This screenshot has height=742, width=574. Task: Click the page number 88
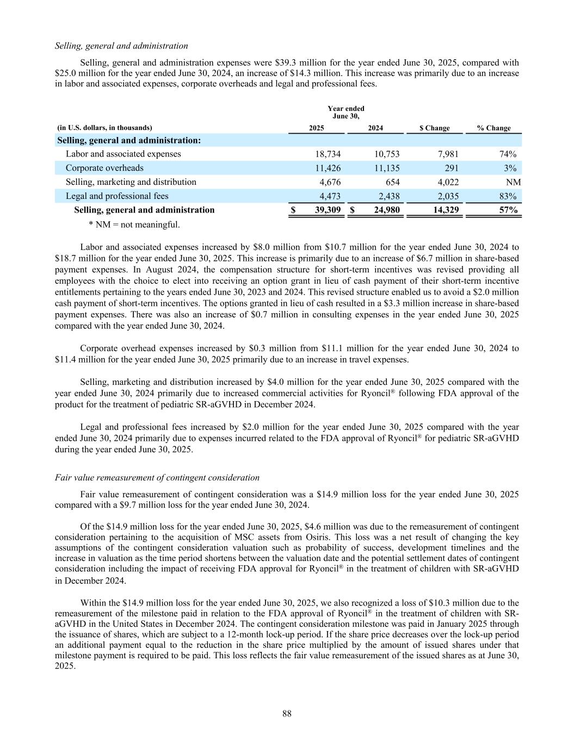click(287, 714)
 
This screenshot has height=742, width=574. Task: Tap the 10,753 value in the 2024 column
click(386, 154)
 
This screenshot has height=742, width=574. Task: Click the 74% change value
click(508, 154)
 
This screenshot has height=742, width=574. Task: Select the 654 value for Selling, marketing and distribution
click(392, 182)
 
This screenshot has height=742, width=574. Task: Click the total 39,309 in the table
click(324, 210)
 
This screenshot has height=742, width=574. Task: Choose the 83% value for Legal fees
click(508, 196)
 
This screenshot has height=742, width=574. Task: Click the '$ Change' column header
click(434, 128)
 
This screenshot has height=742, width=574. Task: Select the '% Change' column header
click(493, 128)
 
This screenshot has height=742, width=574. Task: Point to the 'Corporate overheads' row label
click(104, 168)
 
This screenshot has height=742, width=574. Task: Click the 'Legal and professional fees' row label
click(117, 196)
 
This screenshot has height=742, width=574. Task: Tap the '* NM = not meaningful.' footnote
click(134, 225)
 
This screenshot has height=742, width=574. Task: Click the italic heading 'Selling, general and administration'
click(121, 46)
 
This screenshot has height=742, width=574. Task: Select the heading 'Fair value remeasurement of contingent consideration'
click(157, 477)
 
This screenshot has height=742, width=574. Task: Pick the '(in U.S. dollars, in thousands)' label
click(104, 128)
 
